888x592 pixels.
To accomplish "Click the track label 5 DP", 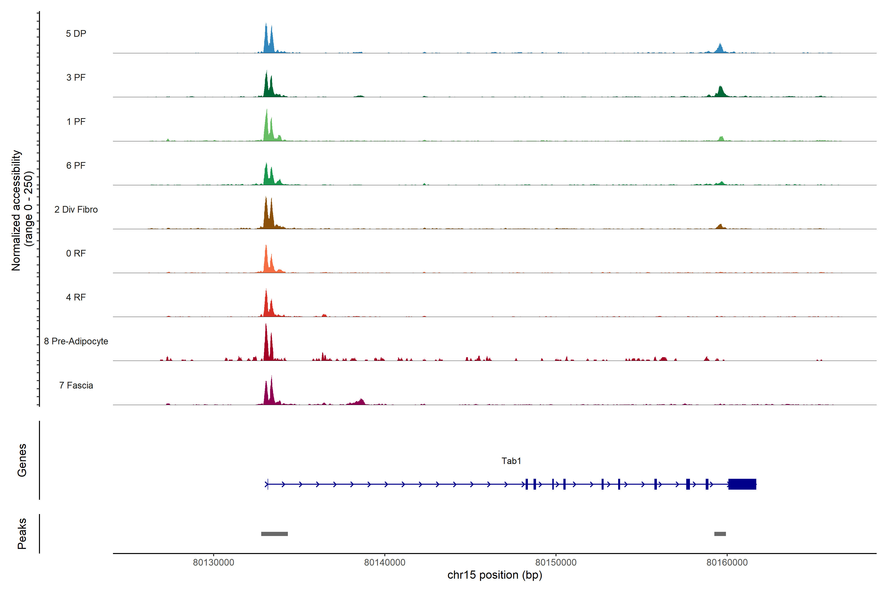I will click(76, 34).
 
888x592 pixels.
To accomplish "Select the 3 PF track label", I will click(76, 77).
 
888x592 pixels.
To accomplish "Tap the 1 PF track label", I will click(76, 122).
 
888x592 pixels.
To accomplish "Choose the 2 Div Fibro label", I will click(76, 209).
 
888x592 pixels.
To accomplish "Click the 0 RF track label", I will click(76, 253).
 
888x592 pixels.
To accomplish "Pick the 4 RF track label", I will click(76, 297).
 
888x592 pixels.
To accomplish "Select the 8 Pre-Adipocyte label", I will click(76, 341).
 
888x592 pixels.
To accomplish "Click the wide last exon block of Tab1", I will click(742, 484).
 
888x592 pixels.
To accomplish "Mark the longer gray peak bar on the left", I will click(275, 534).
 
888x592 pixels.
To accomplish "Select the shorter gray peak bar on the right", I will click(720, 534).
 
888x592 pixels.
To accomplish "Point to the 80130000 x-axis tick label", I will click(213, 563).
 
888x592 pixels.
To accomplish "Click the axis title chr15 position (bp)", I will click(495, 575).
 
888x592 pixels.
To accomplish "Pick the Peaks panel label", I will click(22, 534).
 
